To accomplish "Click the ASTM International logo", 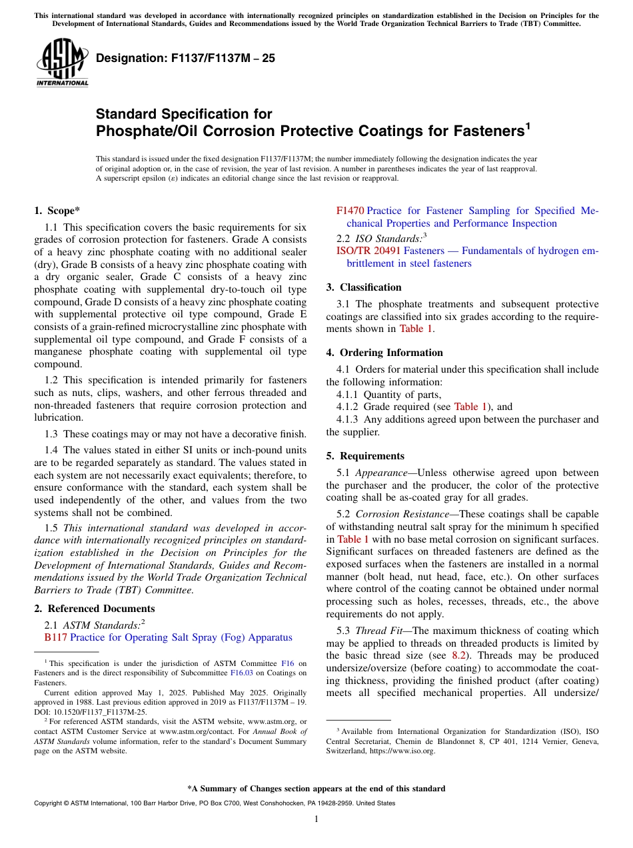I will (62, 63).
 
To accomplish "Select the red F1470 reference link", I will (350, 211).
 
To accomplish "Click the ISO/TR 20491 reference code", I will (368, 251).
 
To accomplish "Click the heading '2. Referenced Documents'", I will (94, 609).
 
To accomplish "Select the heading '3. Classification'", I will (364, 287).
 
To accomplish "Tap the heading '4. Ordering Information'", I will (384, 353).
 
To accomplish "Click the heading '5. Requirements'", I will (365, 456).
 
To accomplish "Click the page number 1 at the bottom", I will (316, 819).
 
